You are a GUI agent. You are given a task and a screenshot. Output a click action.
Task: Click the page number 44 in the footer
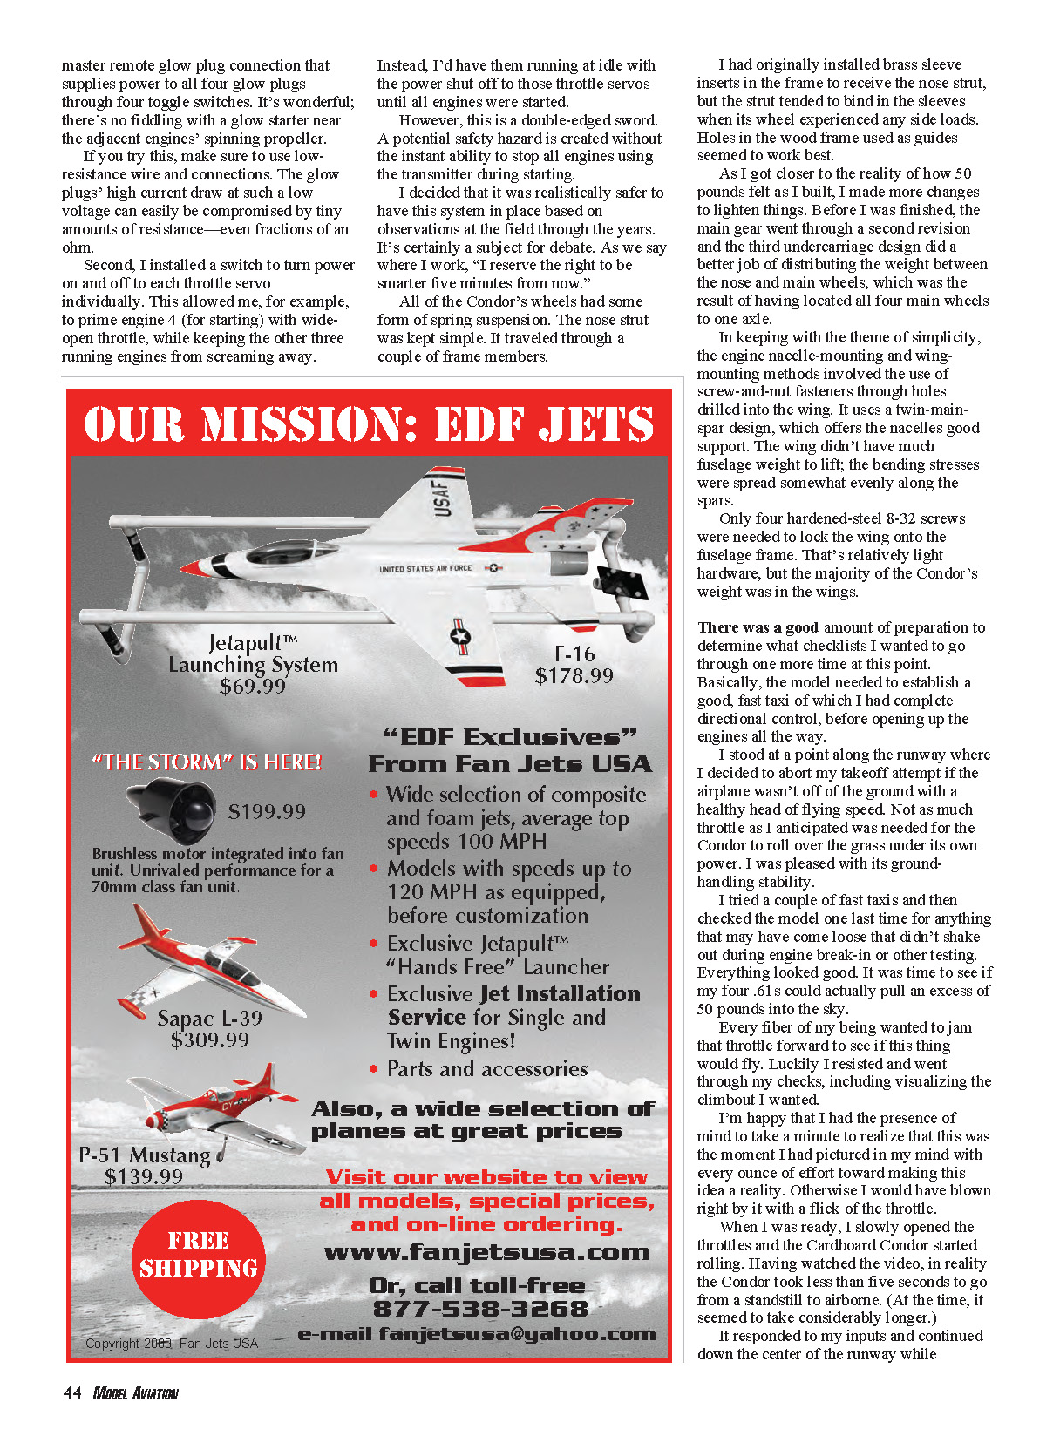coord(71,1393)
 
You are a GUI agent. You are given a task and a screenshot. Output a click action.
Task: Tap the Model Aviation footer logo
coord(135,1393)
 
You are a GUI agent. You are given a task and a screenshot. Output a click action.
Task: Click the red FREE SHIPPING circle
coord(199,1256)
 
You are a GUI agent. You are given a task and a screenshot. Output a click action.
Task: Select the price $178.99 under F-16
coord(574,675)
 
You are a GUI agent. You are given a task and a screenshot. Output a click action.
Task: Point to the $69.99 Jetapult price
coord(253,686)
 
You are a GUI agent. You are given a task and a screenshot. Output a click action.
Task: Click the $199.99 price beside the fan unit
coord(267,812)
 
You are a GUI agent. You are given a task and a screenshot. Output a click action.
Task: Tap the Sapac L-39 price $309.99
coord(210,1040)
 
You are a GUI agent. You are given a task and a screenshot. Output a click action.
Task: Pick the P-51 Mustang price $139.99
coord(144,1177)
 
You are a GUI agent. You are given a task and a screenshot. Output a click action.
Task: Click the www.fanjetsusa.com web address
coord(486,1253)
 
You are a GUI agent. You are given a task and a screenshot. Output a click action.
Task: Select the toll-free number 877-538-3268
coord(480,1309)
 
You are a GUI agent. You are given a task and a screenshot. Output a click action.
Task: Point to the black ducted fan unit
coord(172,808)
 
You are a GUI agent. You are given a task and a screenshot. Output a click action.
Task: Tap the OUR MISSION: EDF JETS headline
coord(369,425)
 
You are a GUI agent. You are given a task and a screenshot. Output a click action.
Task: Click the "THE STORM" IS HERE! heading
coord(207,762)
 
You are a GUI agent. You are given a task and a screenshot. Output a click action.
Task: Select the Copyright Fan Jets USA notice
coord(172,1344)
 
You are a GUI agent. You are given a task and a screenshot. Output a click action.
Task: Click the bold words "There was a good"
coord(758,627)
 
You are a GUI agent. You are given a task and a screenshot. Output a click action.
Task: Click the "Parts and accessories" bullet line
coord(486,1069)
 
